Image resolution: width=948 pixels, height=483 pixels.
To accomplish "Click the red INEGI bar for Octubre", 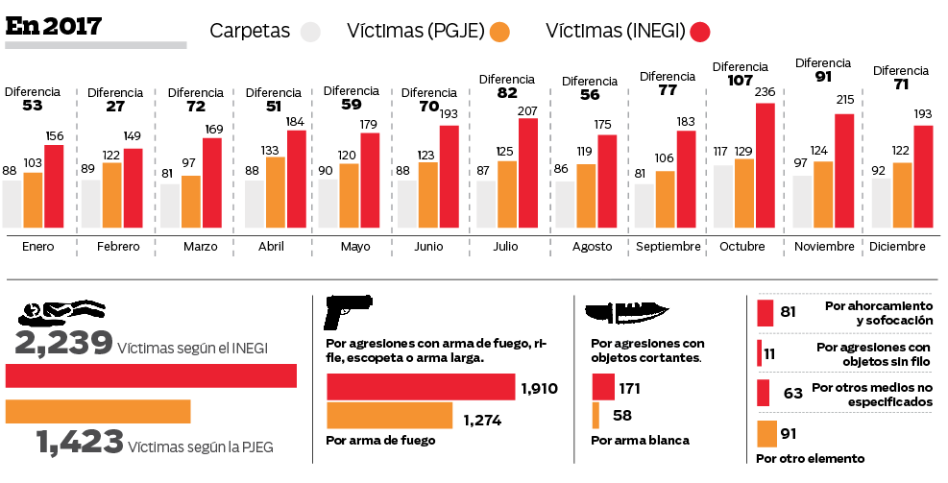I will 765,165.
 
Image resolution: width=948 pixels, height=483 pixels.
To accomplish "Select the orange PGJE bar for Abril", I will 276,192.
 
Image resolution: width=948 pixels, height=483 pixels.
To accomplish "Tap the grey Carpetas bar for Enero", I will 12,204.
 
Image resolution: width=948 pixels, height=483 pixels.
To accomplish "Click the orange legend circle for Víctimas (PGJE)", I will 498,32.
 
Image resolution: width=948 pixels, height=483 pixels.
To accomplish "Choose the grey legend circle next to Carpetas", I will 310,32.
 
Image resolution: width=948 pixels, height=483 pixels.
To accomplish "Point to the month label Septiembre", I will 668,247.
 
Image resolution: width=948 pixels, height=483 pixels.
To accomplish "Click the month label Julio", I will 506,247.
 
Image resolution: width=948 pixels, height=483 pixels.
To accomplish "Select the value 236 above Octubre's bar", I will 765,92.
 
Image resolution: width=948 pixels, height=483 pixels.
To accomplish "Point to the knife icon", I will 625,311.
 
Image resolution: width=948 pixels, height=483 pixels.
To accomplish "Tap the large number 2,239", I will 63,344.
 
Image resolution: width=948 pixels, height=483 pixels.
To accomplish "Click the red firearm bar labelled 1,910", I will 421,387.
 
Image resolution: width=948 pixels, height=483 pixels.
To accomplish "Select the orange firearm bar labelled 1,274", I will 389,416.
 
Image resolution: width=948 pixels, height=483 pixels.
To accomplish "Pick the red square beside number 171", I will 603,387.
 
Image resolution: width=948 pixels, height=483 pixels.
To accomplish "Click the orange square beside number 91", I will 766,434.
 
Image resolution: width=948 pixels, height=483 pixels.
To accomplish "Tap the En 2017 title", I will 54,27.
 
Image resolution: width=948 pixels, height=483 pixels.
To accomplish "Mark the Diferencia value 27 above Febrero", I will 115,107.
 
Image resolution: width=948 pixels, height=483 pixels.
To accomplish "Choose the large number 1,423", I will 80,442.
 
